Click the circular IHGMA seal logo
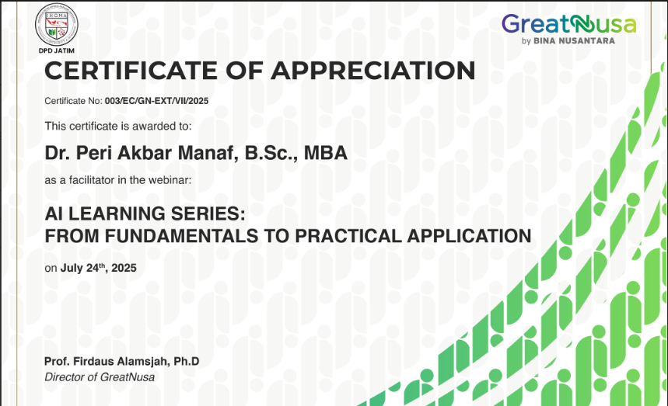56,25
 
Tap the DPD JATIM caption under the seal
56,50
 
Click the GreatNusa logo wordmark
568,24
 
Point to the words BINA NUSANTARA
574,41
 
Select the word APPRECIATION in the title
373,71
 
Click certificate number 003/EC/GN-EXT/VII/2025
157,101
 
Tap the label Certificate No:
73,101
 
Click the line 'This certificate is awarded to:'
118,127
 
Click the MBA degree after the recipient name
326,153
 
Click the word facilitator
92,180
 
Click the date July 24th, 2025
99,268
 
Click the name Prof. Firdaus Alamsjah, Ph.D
122,361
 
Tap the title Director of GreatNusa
100,377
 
